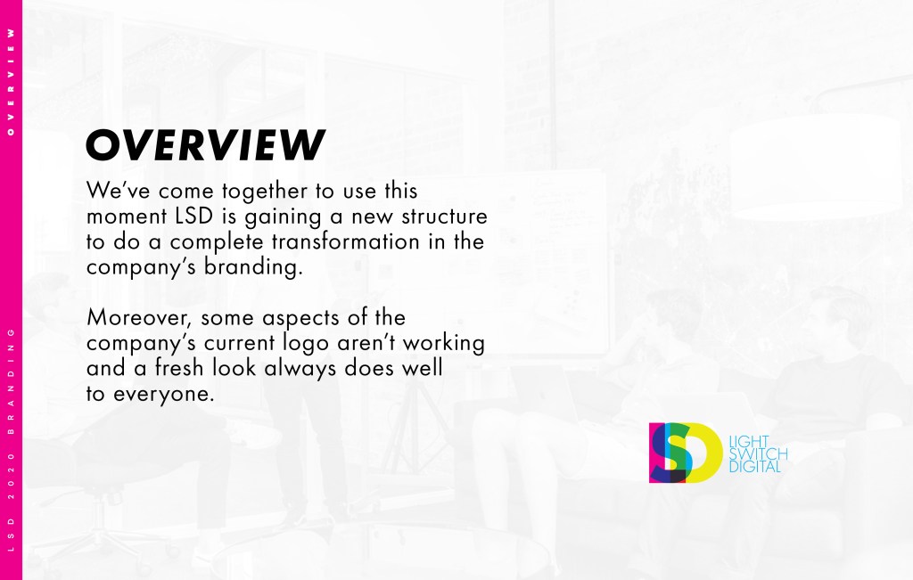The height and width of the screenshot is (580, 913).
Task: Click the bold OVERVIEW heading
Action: tap(206, 145)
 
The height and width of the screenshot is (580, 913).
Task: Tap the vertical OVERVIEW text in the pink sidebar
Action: tap(11, 82)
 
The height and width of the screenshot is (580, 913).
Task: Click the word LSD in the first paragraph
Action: tap(193, 216)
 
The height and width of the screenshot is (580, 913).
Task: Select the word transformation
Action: tap(345, 241)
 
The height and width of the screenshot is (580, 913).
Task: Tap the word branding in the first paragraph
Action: tap(253, 267)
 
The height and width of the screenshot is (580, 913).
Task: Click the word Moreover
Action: tap(140, 318)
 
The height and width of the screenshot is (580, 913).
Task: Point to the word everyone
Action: tap(164, 394)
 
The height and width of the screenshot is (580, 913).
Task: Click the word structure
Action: tap(444, 216)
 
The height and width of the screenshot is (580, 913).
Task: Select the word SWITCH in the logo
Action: tap(758, 453)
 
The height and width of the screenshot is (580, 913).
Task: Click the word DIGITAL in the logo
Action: tap(754, 467)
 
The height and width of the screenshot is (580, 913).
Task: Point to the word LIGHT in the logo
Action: tap(749, 442)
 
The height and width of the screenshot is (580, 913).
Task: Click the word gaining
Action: tap(283, 217)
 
